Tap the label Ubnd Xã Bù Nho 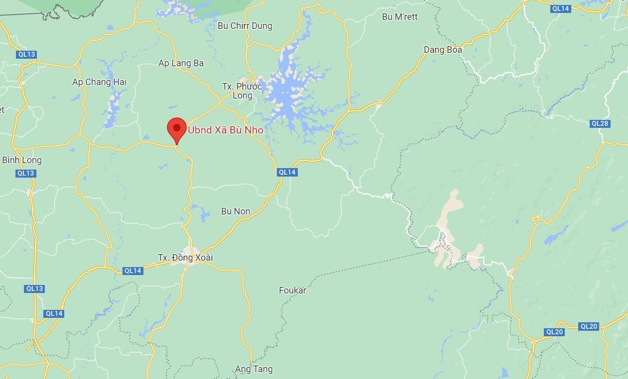pos(225,130)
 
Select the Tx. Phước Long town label pos(242,91)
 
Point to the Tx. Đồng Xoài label pos(178,258)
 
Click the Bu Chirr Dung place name pos(245,26)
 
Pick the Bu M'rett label pos(399,17)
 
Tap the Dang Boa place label pos(443,50)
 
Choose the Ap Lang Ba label pos(181,63)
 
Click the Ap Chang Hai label pos(100,82)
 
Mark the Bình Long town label pos(22,160)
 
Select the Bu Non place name pos(236,211)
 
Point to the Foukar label pos(292,290)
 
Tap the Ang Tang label pos(254,369)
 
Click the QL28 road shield pos(600,123)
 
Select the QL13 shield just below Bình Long pos(25,173)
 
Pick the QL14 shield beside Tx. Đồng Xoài pos(133,271)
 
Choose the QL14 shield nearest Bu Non pos(287,172)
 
